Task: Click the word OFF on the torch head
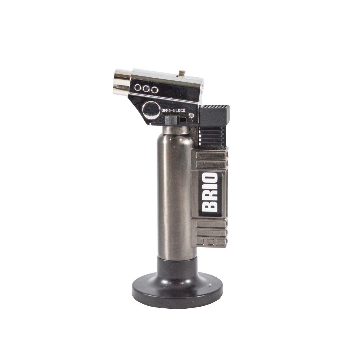(165, 110)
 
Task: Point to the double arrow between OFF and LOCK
(172, 110)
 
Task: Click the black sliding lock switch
(170, 120)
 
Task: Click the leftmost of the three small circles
(139, 88)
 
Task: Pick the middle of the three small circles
(147, 89)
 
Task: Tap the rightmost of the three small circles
(154, 89)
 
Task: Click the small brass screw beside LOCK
(191, 114)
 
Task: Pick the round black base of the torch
(178, 290)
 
